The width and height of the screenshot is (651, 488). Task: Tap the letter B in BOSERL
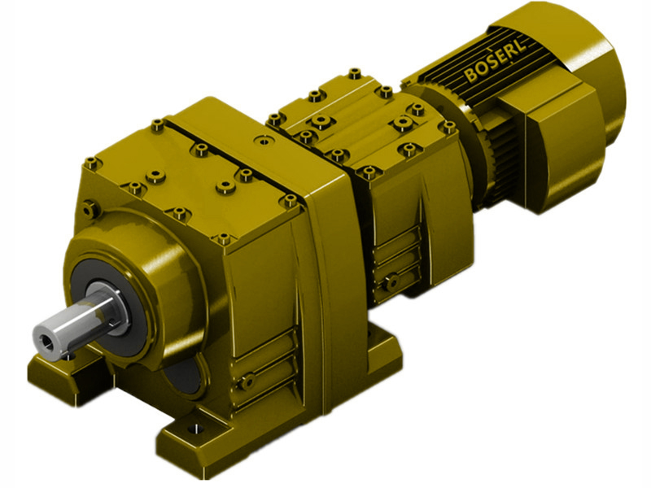472,77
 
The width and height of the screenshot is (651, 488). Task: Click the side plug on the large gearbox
247,379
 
